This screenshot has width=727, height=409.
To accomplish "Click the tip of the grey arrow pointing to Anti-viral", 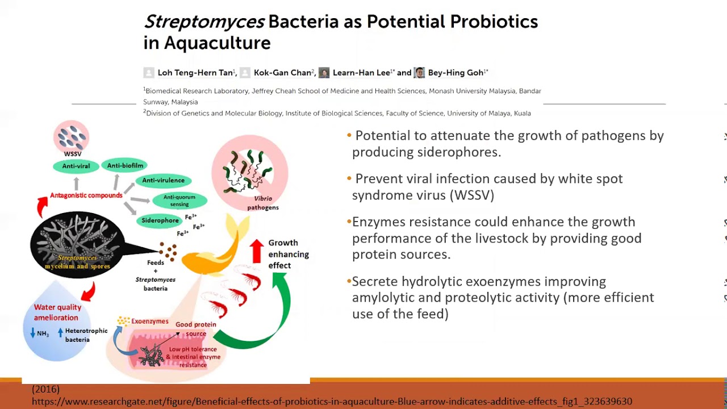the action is click(76, 177).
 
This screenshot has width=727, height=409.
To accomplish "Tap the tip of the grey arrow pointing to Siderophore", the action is click(136, 215).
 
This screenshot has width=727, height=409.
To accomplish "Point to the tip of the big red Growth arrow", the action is click(257, 239).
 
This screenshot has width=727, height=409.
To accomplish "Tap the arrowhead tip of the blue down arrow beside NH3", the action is click(32, 337).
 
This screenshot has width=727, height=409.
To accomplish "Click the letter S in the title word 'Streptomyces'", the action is click(151, 22).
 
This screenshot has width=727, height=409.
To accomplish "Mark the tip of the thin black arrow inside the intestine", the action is click(180, 332).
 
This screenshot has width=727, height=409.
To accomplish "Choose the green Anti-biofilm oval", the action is click(125, 165).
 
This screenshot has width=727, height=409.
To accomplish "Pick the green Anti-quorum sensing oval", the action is click(179, 201).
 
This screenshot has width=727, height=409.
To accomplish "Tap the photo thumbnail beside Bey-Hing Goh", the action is click(419, 72).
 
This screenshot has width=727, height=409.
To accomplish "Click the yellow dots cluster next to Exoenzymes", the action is click(123, 321).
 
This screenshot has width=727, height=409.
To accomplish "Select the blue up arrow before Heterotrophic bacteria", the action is click(60, 332).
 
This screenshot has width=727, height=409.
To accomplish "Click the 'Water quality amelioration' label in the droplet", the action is click(57, 312).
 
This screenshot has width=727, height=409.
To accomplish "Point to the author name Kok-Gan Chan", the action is click(282, 73).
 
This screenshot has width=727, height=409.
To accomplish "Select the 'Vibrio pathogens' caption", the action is click(263, 203).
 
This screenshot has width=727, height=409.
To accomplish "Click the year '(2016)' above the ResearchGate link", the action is click(46, 389).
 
